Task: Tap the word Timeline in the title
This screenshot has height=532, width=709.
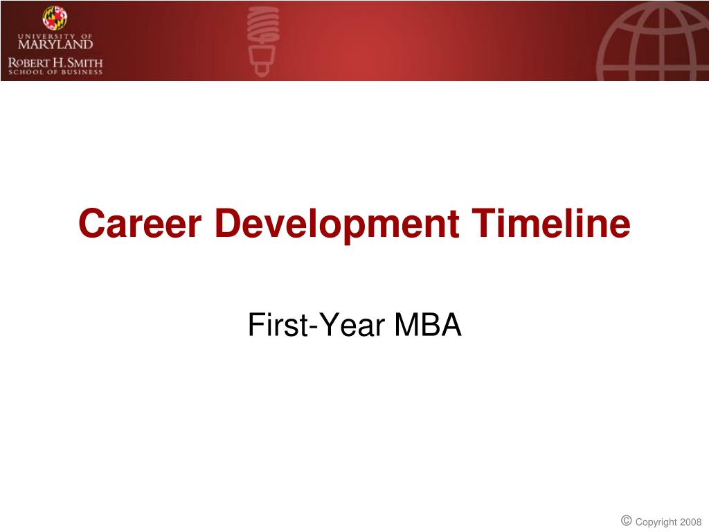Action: click(x=551, y=224)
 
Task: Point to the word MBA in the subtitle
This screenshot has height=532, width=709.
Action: click(x=428, y=325)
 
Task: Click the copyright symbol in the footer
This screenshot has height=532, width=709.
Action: click(x=626, y=520)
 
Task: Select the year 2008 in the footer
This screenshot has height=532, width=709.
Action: click(x=690, y=522)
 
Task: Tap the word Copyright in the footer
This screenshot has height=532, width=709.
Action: click(x=656, y=522)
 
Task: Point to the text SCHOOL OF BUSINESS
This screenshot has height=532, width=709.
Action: click(x=55, y=72)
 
